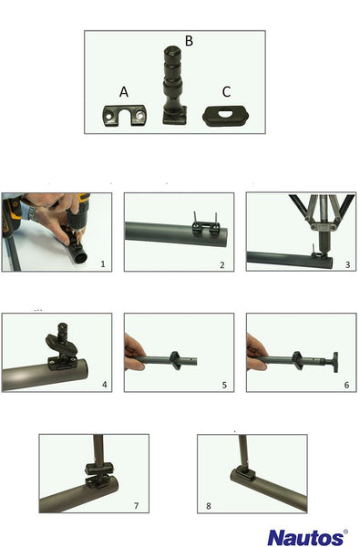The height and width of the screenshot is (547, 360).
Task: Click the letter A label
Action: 124,92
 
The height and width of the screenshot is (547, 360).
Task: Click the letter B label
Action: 189,41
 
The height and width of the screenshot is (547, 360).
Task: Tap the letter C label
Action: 226,92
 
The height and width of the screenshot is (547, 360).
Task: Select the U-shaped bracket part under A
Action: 124,115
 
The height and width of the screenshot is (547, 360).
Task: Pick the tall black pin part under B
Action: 174,85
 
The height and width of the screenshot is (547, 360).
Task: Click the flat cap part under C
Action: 225,116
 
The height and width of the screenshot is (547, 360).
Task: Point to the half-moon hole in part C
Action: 225,113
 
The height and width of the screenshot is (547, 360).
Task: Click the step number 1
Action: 103,264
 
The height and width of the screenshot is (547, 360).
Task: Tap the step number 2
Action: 222,265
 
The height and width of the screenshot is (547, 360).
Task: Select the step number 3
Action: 347,264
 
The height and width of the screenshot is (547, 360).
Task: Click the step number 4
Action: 104,385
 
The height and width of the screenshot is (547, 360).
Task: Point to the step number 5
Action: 224,385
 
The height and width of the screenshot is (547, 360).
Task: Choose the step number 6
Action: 346,385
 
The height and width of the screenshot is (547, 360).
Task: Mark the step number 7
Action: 137,505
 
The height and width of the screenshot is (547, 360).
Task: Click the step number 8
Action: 209,506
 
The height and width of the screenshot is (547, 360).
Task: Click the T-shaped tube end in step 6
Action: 335,362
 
